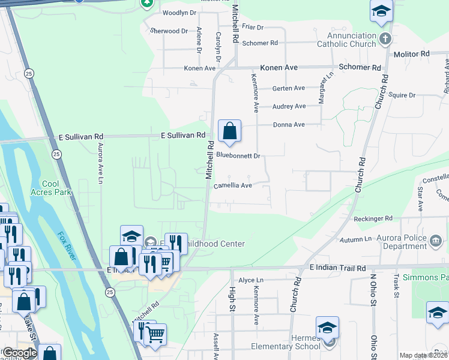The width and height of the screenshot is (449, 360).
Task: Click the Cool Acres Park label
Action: coord(57,188)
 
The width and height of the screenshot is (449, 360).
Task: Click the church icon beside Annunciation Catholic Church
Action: coord(385,39)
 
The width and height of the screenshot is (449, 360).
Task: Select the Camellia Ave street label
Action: coord(233,186)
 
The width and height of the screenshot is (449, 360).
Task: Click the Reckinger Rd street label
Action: coord(373,218)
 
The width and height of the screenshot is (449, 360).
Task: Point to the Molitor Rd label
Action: coord(412,54)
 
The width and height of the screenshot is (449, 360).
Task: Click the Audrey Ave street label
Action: coord(289,106)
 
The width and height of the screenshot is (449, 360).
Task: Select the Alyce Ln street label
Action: coord(251,280)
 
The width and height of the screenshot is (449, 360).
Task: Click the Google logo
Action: coord(19,353)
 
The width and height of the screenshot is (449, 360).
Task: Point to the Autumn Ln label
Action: coord(356,240)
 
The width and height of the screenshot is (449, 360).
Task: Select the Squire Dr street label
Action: coord(402,95)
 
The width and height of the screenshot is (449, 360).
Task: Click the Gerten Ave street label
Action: coord(289,88)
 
